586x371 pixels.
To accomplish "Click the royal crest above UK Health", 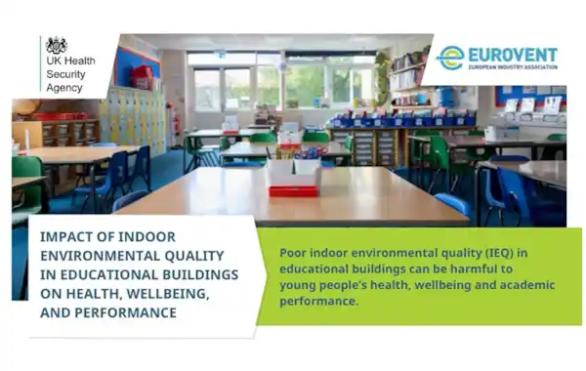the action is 57,45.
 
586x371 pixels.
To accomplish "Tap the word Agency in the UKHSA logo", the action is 64,88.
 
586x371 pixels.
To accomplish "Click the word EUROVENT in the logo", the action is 513,55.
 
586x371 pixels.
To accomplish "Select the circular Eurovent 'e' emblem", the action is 450,58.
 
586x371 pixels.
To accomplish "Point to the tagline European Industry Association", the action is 513,66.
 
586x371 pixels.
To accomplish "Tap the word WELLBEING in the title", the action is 168,294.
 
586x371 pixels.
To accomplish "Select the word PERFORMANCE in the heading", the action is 126,312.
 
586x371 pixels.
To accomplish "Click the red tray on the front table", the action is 293,191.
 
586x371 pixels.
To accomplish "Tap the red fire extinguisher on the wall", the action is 177,123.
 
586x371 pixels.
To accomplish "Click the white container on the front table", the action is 293,172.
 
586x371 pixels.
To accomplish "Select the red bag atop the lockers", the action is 142,77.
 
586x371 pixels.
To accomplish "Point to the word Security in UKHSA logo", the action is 65,74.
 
